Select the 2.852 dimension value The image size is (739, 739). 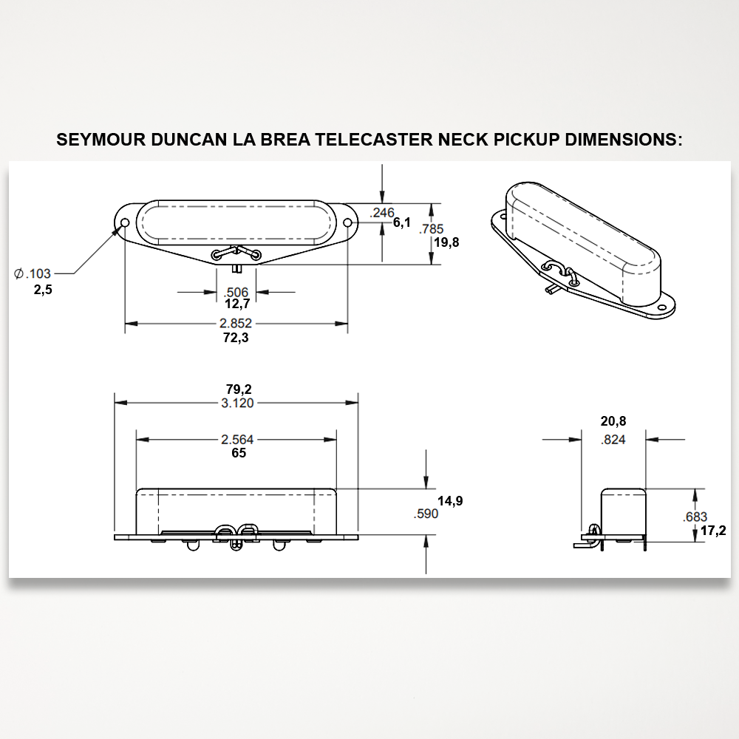[236, 324]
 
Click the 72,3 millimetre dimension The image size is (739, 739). [236, 338]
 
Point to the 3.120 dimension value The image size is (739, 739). [237, 403]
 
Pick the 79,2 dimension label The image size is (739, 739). [239, 389]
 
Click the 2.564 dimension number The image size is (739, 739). [237, 439]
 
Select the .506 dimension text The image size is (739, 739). [236, 292]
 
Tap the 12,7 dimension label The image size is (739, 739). [237, 304]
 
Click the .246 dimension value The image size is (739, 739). [382, 213]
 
